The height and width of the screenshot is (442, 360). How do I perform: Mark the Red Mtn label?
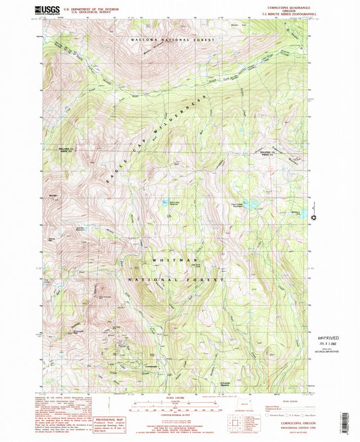point(53,196)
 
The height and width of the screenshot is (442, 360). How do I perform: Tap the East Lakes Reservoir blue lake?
point(164,201)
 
